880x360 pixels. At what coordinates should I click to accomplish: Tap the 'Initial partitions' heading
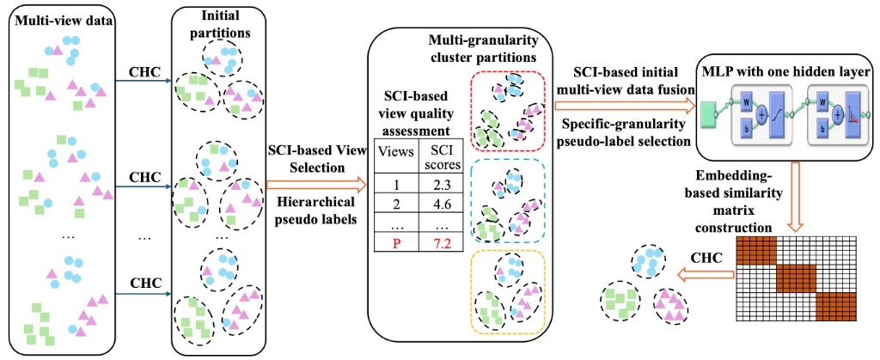[221, 25]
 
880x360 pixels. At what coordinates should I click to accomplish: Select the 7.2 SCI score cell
[440, 246]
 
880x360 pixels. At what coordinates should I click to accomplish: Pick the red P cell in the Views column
[395, 246]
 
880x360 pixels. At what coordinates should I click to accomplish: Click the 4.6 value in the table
[440, 204]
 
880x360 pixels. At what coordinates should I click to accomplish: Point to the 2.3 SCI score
[440, 184]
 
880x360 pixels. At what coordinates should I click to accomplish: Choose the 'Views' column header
[395, 152]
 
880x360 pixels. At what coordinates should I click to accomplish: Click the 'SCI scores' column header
[441, 156]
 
